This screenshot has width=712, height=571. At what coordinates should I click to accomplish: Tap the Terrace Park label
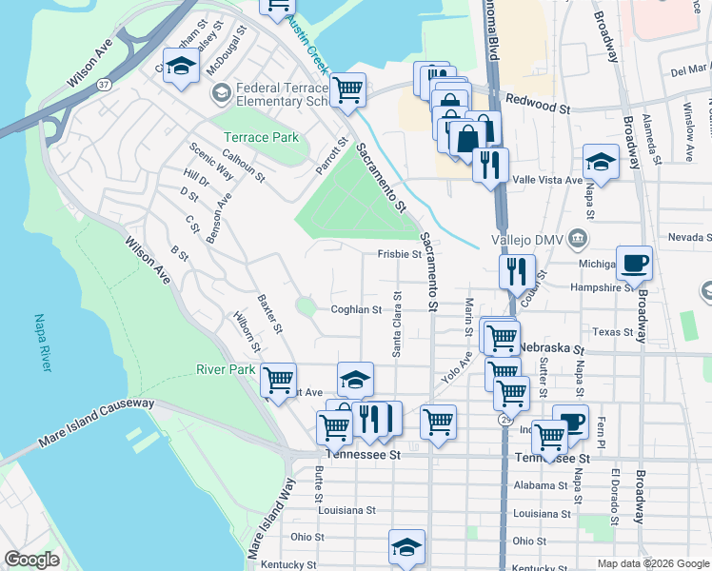point(261,137)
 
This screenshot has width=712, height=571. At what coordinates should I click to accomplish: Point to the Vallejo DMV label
point(522,238)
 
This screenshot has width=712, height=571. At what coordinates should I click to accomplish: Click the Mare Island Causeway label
point(95,424)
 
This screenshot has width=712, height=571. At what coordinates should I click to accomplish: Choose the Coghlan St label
point(356,309)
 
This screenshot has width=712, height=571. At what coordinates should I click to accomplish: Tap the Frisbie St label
point(399,254)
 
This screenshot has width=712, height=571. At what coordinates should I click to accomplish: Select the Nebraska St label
point(551,348)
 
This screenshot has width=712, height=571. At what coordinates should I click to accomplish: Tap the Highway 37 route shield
point(104,85)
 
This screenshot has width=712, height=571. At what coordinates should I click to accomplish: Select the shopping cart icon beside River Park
point(278,381)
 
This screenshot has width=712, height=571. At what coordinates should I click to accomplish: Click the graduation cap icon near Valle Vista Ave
point(601,162)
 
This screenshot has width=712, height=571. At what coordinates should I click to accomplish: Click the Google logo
point(32,560)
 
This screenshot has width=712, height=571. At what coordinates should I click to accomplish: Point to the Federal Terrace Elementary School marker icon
point(222,92)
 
